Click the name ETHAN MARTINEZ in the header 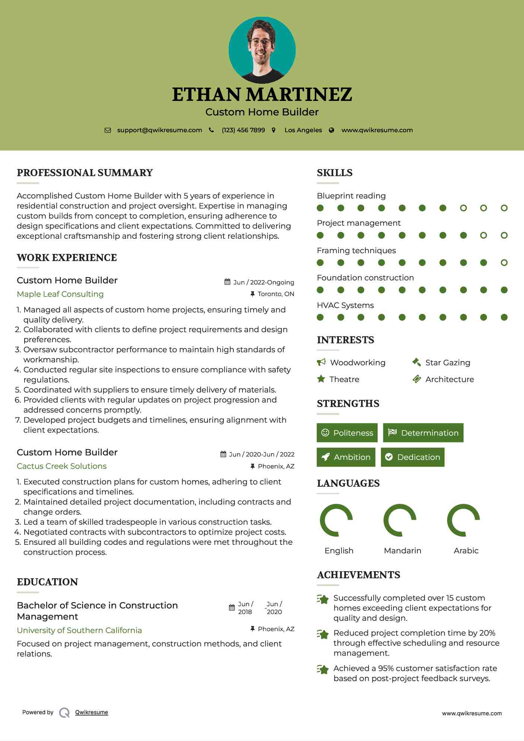coord(262,95)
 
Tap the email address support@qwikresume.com coord(159,130)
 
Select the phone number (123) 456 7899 coord(243,130)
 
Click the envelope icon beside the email coord(108,130)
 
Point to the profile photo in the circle coord(262,50)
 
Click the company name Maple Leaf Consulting coord(60,294)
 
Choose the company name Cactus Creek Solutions coord(62,466)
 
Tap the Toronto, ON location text coord(276,294)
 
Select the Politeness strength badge coord(347,433)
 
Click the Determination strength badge coord(423,433)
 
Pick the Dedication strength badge coord(412,457)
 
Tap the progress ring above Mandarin coord(400,520)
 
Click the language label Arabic coord(466,551)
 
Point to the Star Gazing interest coord(448,363)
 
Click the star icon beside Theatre coord(321,379)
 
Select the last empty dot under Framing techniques coord(504,263)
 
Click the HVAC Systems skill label coord(345,305)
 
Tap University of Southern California coord(79,630)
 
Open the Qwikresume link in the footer coord(92,712)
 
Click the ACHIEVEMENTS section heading coord(358,575)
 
